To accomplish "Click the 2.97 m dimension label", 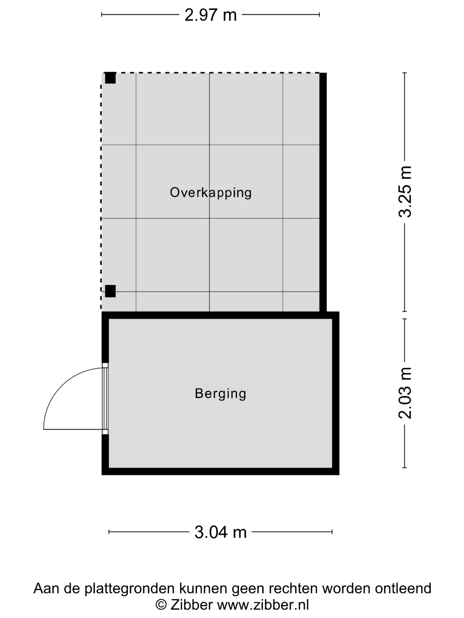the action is [x=210, y=15].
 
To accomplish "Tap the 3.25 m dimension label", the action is [x=405, y=192].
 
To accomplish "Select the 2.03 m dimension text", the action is [x=405, y=393].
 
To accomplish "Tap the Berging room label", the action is [x=220, y=394].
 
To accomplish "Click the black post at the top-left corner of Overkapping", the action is [x=110, y=78].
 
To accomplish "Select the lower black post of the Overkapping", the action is [x=110, y=291].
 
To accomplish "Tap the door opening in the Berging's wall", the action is [x=105, y=399].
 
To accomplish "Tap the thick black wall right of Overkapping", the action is [x=323, y=192].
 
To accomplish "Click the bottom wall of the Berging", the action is [x=220, y=471].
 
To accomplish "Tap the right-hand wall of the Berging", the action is [x=336, y=393].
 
